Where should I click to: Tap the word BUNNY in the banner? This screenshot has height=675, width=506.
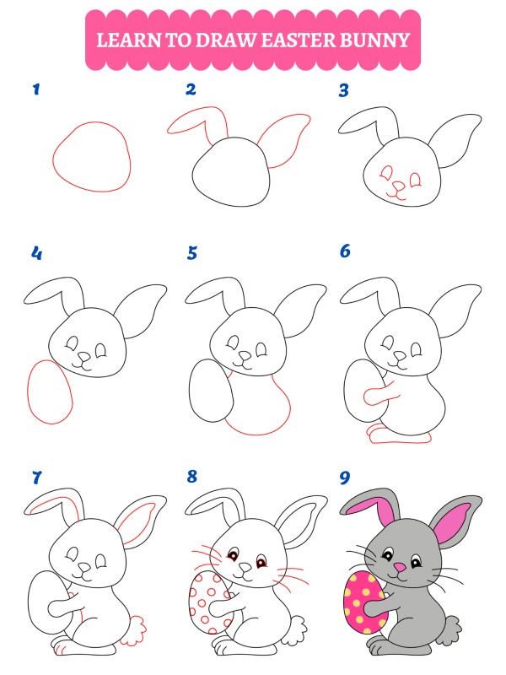coord(374,40)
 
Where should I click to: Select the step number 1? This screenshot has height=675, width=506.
coord(36,89)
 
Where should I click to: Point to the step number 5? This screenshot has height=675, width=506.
coord(192,253)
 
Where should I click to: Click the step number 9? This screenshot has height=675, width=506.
coord(345,478)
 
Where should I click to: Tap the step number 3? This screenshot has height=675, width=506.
coord(343,90)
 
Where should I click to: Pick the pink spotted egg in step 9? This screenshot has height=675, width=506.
coord(365,602)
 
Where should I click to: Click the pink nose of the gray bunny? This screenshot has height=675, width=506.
coord(400,567)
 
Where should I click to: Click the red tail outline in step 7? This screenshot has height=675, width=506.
coord(136,630)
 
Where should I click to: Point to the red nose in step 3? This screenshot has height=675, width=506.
coord(399,186)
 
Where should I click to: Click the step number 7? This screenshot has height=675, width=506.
coord(37,478)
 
